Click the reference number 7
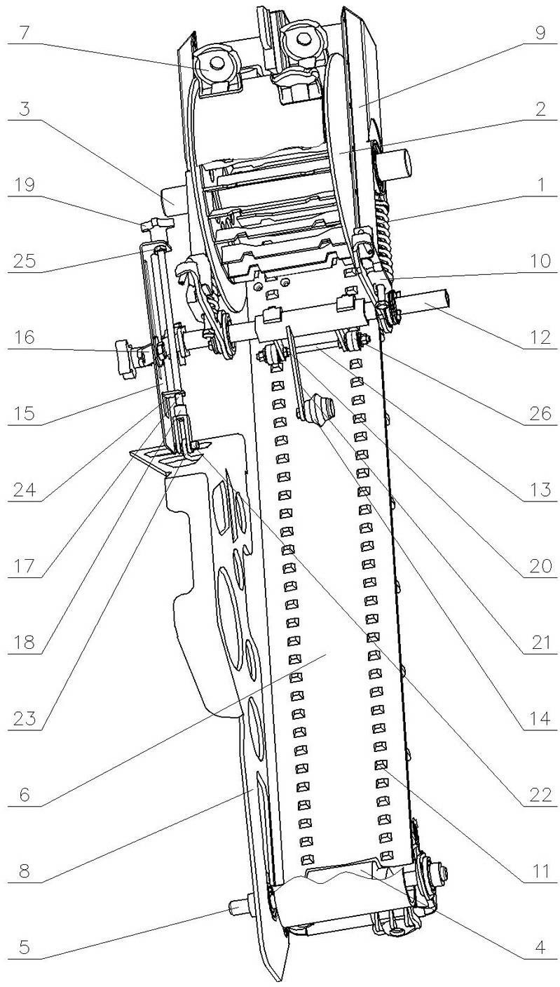tap(25, 34)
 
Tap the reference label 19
tap(25, 185)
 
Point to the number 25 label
tap(25, 262)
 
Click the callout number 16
tap(25, 338)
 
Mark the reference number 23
tap(25, 720)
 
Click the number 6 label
tap(25, 795)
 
